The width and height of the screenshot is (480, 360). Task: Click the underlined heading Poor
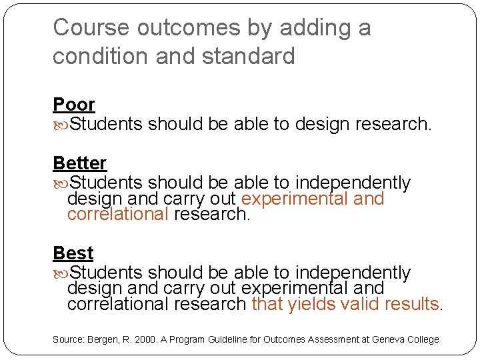click(74, 105)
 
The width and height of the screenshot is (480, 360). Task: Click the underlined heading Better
click(79, 163)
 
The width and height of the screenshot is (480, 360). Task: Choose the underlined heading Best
click(73, 253)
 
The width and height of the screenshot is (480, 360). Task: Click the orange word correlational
click(118, 214)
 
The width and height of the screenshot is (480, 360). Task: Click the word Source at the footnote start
click(67, 339)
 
